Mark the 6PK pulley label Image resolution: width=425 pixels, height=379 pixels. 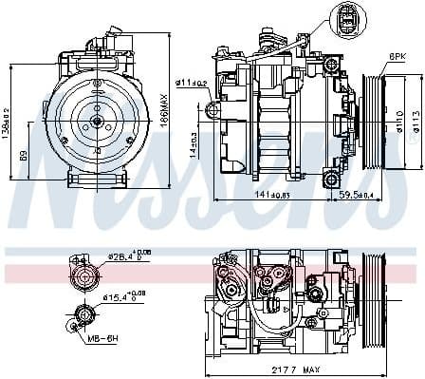(396, 58)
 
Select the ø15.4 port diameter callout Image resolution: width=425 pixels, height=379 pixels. (119, 297)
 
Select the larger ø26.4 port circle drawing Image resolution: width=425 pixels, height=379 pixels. (83, 276)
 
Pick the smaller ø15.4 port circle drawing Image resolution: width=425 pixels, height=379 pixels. (83, 314)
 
